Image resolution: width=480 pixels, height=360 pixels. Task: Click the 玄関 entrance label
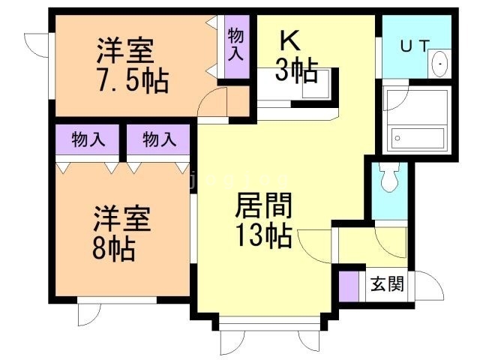(x=387, y=284)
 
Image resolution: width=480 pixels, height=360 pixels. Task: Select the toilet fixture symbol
(x=388, y=178)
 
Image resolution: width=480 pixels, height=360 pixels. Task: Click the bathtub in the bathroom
(x=417, y=138)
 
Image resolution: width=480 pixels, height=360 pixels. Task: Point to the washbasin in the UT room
(x=440, y=64)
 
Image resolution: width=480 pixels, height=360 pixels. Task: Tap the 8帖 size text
(x=112, y=247)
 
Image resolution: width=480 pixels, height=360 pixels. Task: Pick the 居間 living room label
(x=264, y=204)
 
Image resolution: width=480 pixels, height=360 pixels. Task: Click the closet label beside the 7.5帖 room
(x=236, y=45)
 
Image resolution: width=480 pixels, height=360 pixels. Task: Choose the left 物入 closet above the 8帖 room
(x=87, y=139)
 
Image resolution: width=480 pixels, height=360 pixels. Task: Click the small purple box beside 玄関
(x=348, y=285)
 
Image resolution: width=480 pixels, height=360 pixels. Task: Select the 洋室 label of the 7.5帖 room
(x=126, y=51)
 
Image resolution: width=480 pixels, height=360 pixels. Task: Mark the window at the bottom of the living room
(x=262, y=325)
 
